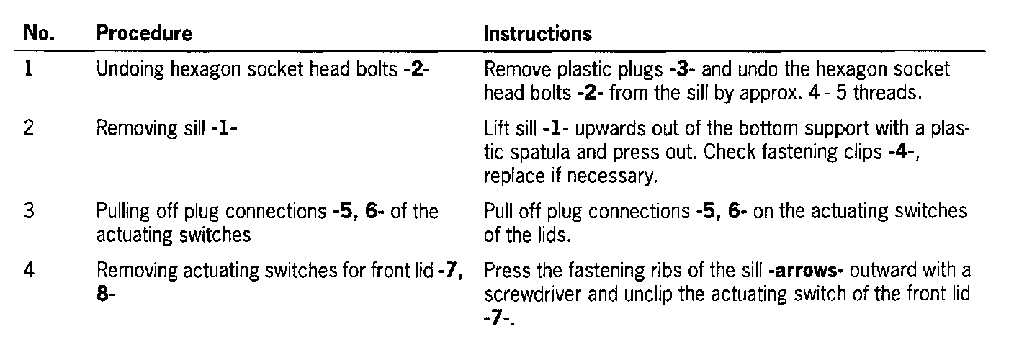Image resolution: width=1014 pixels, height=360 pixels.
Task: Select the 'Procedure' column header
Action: click(x=144, y=34)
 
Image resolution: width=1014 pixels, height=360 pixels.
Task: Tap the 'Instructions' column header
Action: click(x=537, y=34)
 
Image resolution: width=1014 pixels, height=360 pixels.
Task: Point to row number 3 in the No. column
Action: click(x=30, y=212)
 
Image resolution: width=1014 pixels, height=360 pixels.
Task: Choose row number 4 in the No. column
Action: click(x=30, y=271)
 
